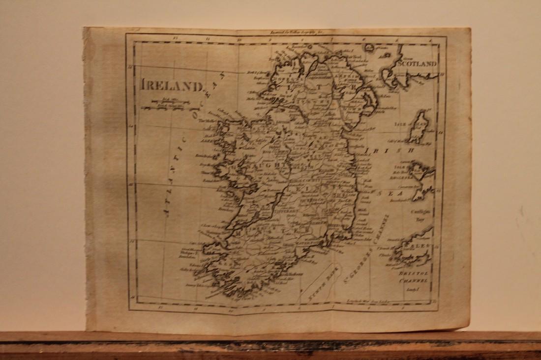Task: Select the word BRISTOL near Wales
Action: click(x=415, y=271)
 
